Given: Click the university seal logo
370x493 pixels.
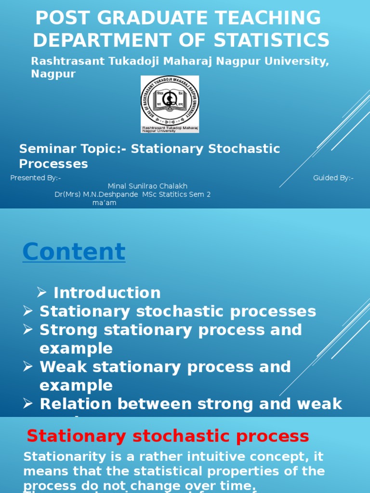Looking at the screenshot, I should [170, 104].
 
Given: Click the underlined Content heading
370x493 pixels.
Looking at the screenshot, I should [74, 251].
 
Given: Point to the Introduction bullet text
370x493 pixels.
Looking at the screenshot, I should [107, 293].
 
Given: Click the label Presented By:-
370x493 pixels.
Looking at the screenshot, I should [36, 178].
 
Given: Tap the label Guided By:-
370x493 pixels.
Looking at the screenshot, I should [333, 178].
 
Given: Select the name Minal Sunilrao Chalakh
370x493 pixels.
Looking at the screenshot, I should [147, 186].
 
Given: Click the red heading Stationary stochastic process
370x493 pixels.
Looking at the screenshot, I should [168, 436].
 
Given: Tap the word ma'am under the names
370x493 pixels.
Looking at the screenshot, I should [104, 203].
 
